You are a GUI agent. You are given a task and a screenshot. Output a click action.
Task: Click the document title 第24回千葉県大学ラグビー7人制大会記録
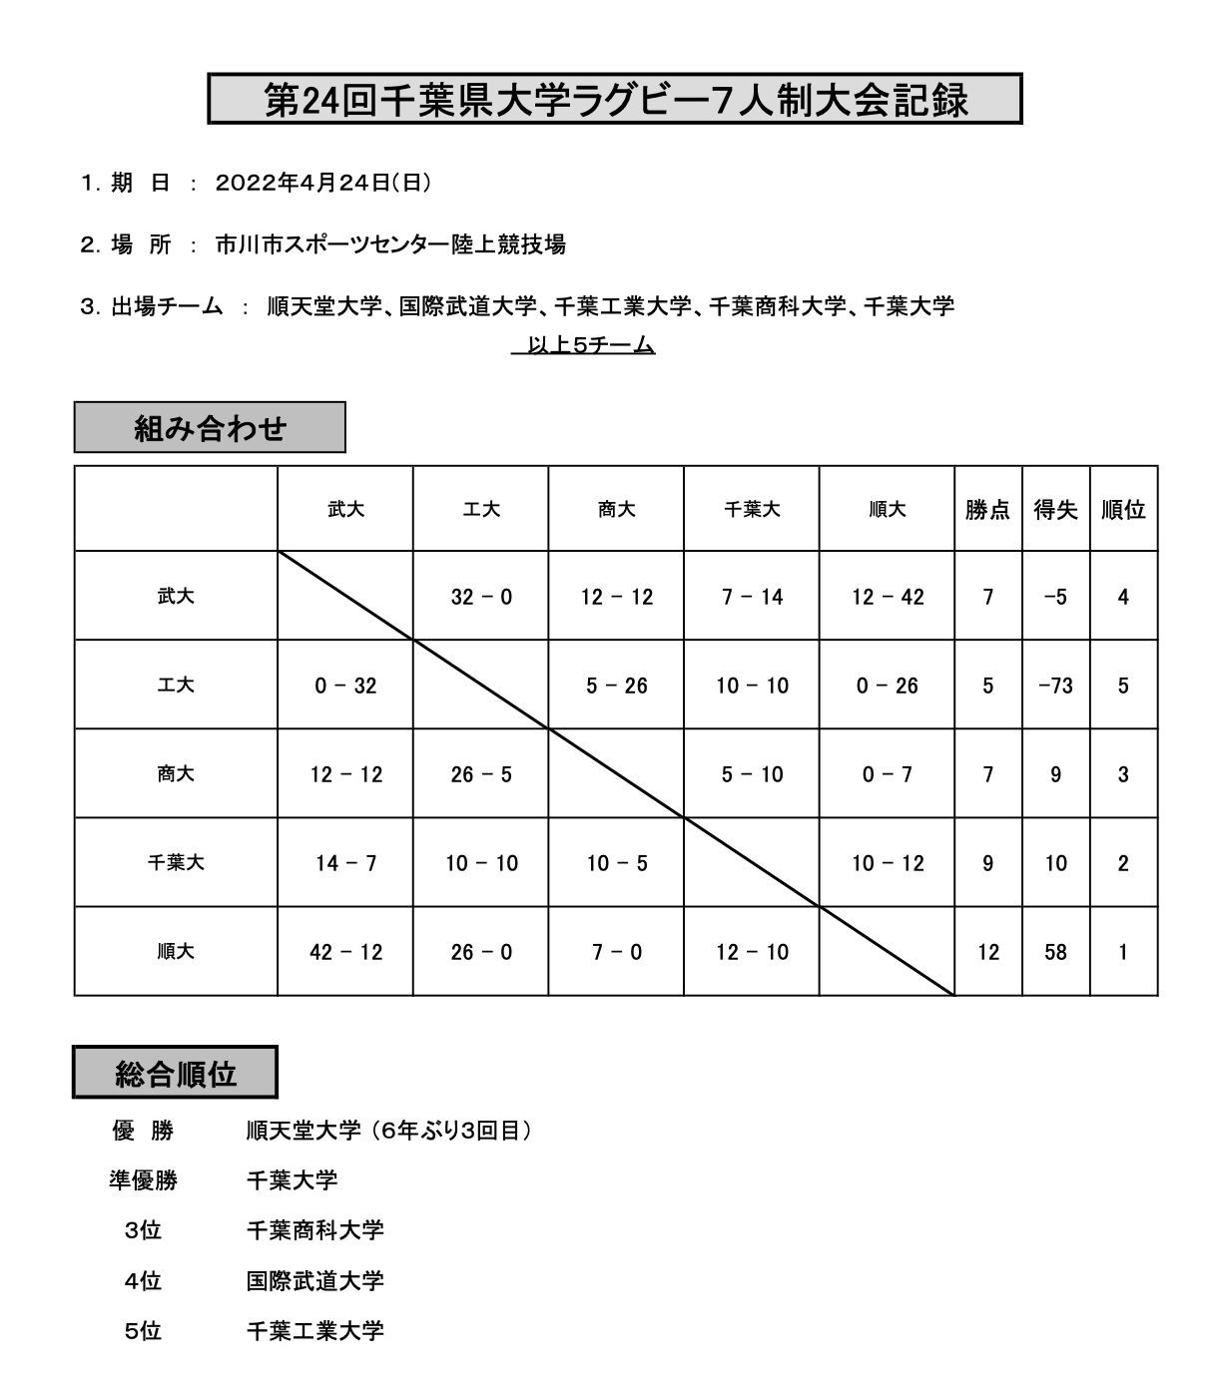pyautogui.click(x=615, y=99)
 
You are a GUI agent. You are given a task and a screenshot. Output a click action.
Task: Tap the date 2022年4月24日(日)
pyautogui.click(x=322, y=184)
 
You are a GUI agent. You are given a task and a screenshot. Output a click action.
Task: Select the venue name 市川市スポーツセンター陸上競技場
pyautogui.click(x=390, y=244)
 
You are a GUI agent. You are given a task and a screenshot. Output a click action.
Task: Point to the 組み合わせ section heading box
pyautogui.click(x=210, y=428)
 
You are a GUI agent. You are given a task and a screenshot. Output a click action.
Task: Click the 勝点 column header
pyautogui.click(x=987, y=510)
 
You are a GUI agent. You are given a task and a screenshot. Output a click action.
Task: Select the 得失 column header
pyautogui.click(x=1055, y=510)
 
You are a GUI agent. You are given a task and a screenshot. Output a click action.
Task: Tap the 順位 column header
pyautogui.click(x=1123, y=510)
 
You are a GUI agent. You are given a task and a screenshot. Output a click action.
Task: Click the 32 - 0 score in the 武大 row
pyautogui.click(x=481, y=597)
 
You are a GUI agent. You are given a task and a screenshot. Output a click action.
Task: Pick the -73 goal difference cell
pyautogui.click(x=1055, y=686)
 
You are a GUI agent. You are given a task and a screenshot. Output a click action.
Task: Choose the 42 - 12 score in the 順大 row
pyautogui.click(x=345, y=952)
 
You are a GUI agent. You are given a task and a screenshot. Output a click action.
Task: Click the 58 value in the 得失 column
pyautogui.click(x=1055, y=952)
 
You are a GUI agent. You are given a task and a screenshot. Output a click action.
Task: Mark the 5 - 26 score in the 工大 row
pyautogui.click(x=617, y=686)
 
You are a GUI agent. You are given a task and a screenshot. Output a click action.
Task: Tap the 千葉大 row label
pyautogui.click(x=176, y=863)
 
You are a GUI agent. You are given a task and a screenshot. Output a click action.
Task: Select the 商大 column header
pyautogui.click(x=617, y=510)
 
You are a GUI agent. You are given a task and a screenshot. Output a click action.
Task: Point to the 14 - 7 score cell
pyautogui.click(x=345, y=863)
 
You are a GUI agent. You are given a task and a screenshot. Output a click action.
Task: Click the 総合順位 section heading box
pyautogui.click(x=176, y=1074)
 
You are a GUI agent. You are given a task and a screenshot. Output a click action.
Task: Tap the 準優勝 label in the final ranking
pyautogui.click(x=143, y=1180)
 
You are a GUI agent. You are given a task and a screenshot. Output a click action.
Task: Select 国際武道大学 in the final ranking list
pyautogui.click(x=314, y=1280)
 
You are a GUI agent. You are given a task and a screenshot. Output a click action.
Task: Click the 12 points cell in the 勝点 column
pyautogui.click(x=987, y=952)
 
